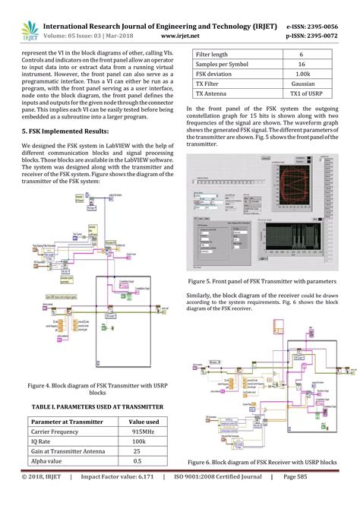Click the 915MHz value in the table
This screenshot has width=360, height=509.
pyautogui.click(x=143, y=431)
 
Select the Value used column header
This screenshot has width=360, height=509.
pyautogui.click(x=143, y=421)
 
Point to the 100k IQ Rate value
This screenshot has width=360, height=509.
pyautogui.click(x=143, y=441)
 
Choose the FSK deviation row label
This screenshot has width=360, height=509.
pyautogui.click(x=216, y=75)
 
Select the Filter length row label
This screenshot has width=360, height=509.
pyautogui.click(x=213, y=55)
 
